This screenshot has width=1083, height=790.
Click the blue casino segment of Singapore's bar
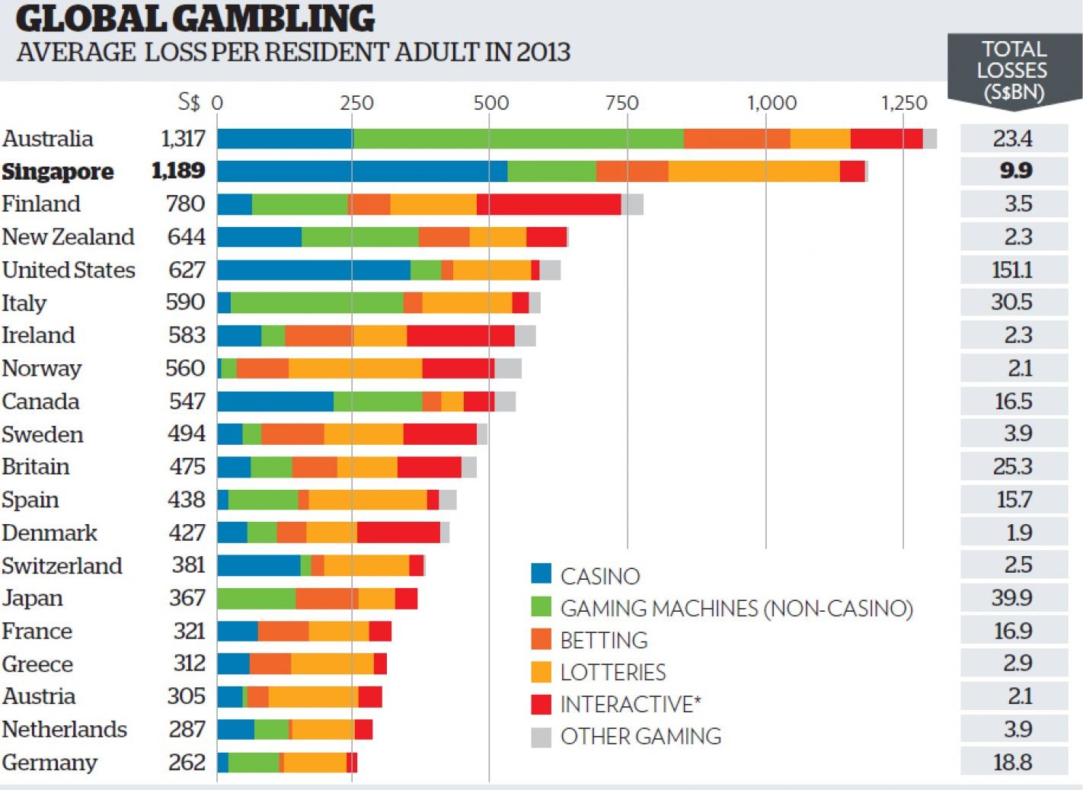pos(362,171)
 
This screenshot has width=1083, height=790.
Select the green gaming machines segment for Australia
pos(518,139)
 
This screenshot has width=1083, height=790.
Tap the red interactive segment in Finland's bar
pos(548,204)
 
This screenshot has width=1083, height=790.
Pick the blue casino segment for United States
pos(313,270)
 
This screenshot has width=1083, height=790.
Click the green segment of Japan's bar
pos(256,599)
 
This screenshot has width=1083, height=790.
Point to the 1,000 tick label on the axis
pos(771,103)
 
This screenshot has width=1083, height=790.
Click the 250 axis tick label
pos(356,103)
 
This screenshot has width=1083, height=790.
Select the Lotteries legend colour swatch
pos(541,672)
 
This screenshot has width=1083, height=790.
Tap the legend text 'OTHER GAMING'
pos(641,737)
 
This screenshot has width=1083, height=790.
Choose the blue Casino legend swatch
pos(541,574)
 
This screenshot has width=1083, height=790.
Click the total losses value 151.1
pos(1012,270)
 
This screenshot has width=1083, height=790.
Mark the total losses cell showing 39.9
pos(1012,598)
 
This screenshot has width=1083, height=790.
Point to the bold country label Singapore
pos(58,171)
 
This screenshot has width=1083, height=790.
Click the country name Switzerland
pos(62,566)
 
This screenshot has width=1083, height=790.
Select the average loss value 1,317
pos(183,139)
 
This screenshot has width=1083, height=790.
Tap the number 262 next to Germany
pos(187,763)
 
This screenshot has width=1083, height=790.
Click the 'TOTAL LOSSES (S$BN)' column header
pos(1013,71)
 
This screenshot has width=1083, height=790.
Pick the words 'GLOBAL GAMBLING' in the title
pos(195,19)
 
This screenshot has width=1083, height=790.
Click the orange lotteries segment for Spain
pos(367,500)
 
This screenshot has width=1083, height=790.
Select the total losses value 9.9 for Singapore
pos(1015,171)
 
